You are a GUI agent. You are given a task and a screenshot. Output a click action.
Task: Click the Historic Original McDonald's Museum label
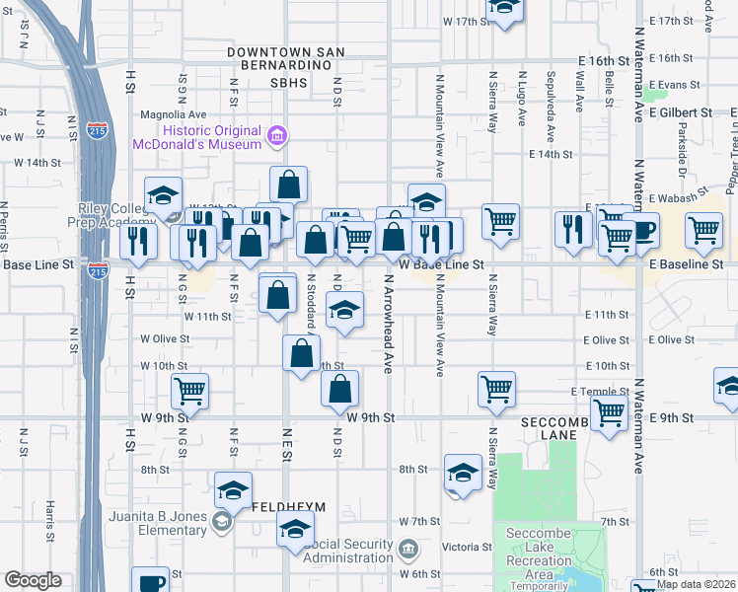pos(212,137)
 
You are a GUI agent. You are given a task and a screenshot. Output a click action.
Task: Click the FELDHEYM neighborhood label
pos(289,506)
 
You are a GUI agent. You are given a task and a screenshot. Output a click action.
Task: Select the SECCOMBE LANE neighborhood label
pos(559,427)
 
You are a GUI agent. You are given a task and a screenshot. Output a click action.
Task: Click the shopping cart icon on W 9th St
pos(189,391)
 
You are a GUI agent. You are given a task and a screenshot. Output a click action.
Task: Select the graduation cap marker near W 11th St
pos(343,311)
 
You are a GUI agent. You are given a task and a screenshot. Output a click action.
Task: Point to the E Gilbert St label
pos(682,112)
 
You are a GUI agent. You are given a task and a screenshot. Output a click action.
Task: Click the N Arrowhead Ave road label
pos(387,324)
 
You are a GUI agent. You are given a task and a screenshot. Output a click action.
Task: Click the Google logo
pos(33,580)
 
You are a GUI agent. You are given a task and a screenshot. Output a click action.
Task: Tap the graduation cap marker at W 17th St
pos(505,9)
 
